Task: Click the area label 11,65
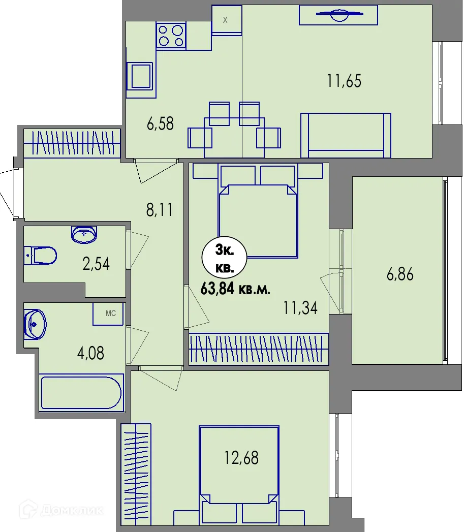tap(344, 81)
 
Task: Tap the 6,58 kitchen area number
tap(160, 123)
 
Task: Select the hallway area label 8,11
tap(160, 209)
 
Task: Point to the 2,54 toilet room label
tap(96, 264)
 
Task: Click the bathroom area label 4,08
tap(90, 353)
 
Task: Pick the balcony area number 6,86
tap(400, 274)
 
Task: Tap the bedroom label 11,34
tap(300, 308)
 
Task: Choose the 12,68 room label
tap(241, 458)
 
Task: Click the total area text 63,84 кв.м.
tap(235, 289)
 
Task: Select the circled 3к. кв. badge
tap(224, 259)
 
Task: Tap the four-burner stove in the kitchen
tap(171, 36)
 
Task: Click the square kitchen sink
tap(139, 76)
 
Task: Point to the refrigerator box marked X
tap(227, 20)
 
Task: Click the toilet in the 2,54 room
tap(41, 256)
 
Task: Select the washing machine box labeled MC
tap(108, 314)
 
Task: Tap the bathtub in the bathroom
tap(81, 393)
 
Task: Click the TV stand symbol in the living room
tap(338, 15)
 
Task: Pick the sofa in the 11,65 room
tap(346, 135)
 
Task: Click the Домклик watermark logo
tap(61, 510)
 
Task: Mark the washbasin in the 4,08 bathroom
tap(35, 324)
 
